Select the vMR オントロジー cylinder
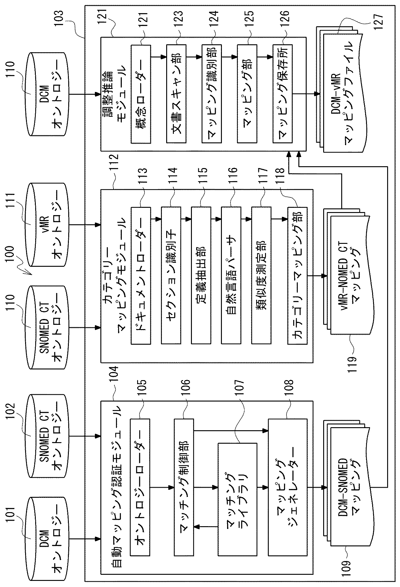47,225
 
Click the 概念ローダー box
141,94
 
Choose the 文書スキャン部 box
176,94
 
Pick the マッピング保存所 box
282,94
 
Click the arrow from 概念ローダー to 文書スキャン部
159,57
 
